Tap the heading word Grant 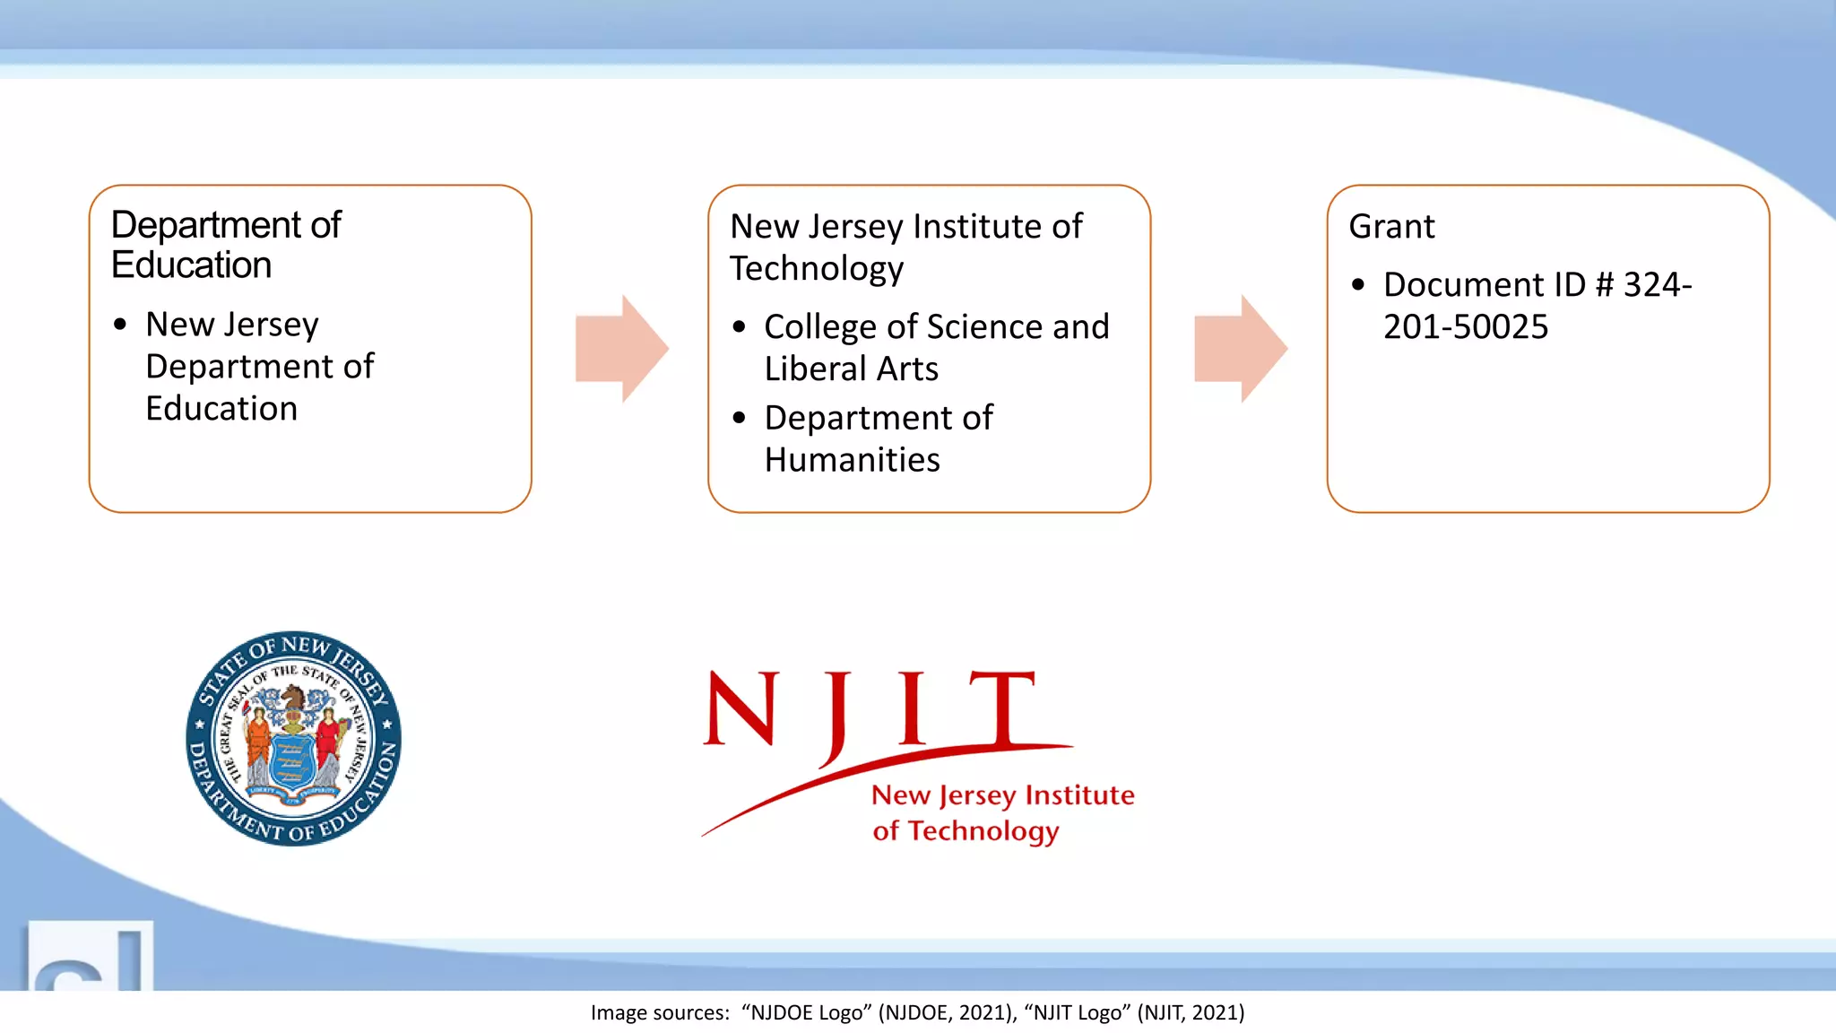click(x=1391, y=227)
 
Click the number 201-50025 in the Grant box click(x=1465, y=327)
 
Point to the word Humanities click(x=852, y=460)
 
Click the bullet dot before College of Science click(x=739, y=327)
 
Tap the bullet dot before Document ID click(x=1358, y=285)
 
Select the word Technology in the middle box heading click(x=816, y=269)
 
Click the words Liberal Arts click(x=851, y=369)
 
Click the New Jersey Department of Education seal click(x=293, y=738)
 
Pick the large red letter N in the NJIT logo click(x=740, y=708)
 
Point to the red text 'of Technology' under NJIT click(x=966, y=831)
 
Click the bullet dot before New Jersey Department click(x=120, y=325)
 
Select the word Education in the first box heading click(x=191, y=265)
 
